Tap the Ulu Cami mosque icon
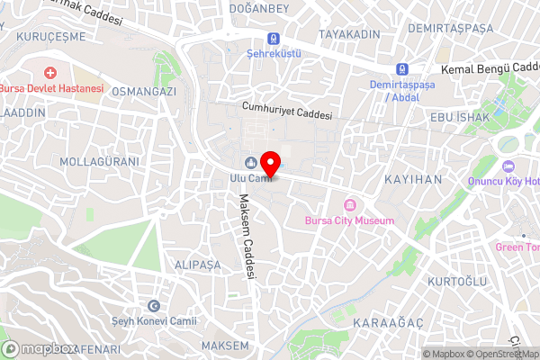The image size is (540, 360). tap(248, 162)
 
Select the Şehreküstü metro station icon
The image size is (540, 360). tap(273, 39)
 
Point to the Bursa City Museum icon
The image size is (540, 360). tap(348, 205)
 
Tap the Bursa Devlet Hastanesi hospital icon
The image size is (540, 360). tap(50, 72)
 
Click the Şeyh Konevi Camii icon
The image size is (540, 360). tap(154, 307)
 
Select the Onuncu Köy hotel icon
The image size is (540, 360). tap(508, 166)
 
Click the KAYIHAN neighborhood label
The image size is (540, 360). tap(413, 180)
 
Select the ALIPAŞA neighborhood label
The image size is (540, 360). tap(197, 265)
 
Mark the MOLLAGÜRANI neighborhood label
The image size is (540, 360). tap(99, 161)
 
